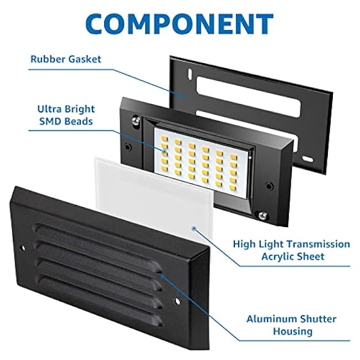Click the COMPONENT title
[179, 24]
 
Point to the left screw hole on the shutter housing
[23, 243]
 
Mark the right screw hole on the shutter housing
[177, 302]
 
